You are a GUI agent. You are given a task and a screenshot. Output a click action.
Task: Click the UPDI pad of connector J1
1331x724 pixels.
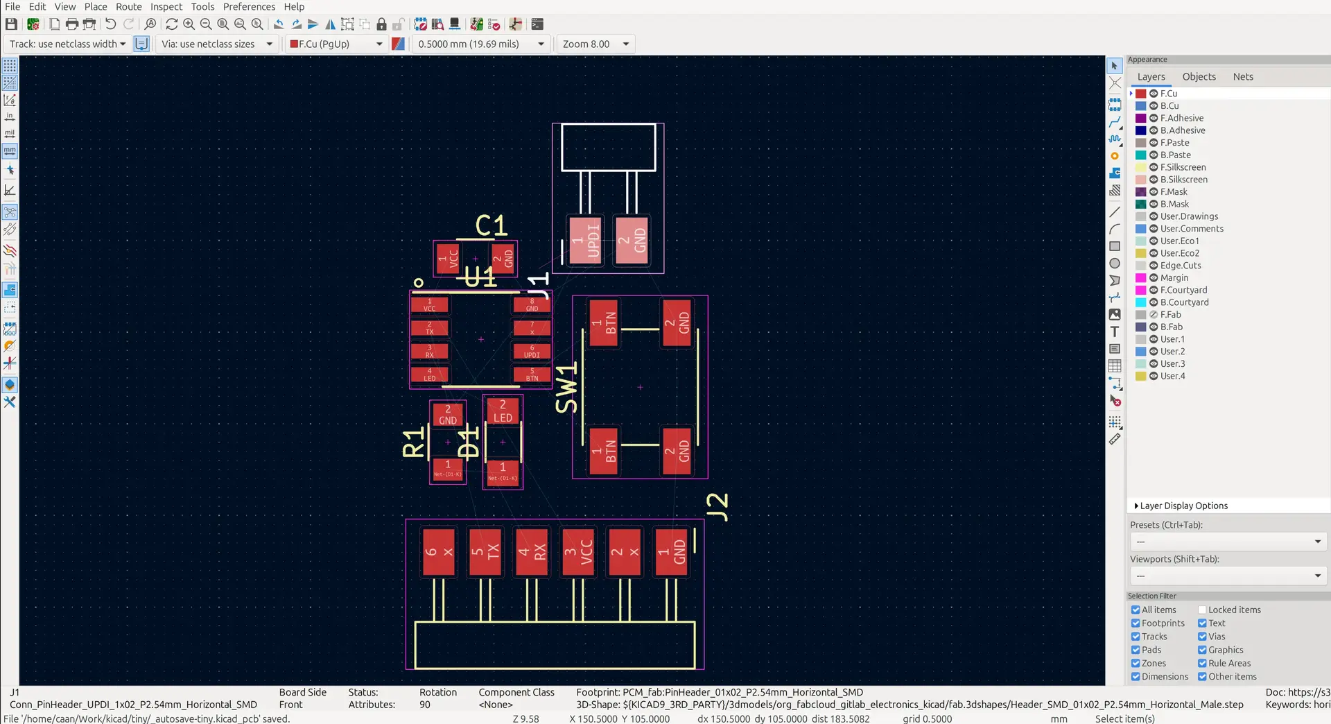tap(585, 241)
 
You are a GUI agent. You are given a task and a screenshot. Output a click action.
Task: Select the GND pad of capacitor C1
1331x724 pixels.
tap(503, 259)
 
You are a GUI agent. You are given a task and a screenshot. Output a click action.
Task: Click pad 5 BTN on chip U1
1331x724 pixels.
tap(532, 374)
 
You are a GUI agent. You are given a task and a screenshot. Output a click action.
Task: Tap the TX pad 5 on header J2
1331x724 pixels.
tap(485, 552)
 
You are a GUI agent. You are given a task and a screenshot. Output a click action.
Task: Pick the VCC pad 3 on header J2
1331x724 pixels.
tap(578, 552)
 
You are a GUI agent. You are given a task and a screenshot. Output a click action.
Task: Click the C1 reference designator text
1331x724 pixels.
tap(491, 225)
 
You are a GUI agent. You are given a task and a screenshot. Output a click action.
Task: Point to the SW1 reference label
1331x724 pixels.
tap(566, 387)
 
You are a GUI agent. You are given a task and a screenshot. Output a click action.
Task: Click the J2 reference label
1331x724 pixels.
tap(717, 506)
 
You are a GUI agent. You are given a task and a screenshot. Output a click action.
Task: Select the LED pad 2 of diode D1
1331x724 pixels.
tap(503, 411)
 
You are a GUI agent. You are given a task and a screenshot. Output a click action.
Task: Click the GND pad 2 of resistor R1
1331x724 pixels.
tap(448, 415)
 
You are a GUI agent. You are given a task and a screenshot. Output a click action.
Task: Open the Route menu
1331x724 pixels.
tap(128, 7)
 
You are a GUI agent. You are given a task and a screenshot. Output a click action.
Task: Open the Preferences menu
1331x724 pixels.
tap(249, 7)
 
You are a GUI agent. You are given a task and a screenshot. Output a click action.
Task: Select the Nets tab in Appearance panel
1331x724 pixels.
tap(1242, 77)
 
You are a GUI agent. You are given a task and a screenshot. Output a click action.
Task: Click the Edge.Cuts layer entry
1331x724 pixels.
tap(1180, 266)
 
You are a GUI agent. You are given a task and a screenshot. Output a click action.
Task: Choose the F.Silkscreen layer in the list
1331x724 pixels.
tap(1183, 167)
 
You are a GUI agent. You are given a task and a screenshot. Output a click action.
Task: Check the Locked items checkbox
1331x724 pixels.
tap(1202, 610)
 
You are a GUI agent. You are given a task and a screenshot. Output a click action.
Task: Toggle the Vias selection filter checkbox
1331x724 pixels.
tap(1202, 637)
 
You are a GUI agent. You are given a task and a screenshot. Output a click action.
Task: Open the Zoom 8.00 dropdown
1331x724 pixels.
tap(595, 44)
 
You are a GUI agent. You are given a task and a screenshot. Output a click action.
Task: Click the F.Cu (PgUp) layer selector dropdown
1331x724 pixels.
tap(336, 44)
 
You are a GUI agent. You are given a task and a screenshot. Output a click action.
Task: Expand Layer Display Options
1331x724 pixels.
tap(1183, 506)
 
